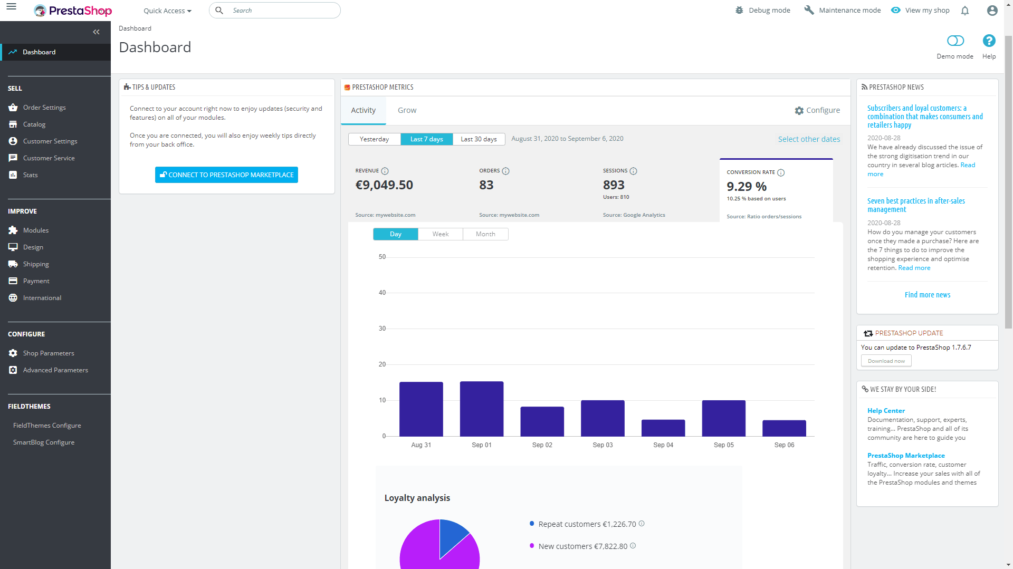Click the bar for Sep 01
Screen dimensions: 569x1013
coord(481,409)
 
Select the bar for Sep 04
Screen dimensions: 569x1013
coord(663,428)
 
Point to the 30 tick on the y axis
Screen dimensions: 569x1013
coord(382,329)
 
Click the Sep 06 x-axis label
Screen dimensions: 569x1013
coord(783,445)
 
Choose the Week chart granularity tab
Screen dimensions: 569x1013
coord(440,234)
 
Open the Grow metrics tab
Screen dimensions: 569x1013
coord(407,110)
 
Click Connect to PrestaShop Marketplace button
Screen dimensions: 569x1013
coord(226,175)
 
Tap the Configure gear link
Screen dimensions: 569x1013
coord(817,110)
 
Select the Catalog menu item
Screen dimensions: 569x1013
coord(34,124)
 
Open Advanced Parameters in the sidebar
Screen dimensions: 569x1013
coord(55,370)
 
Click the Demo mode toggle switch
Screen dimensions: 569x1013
coord(955,41)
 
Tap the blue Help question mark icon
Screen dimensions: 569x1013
coord(989,41)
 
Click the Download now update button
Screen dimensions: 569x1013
coord(886,361)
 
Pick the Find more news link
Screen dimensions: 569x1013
coord(927,295)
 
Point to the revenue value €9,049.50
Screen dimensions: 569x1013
coord(384,185)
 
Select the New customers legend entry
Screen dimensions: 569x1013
coord(582,546)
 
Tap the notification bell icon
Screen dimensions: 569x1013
coord(964,11)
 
